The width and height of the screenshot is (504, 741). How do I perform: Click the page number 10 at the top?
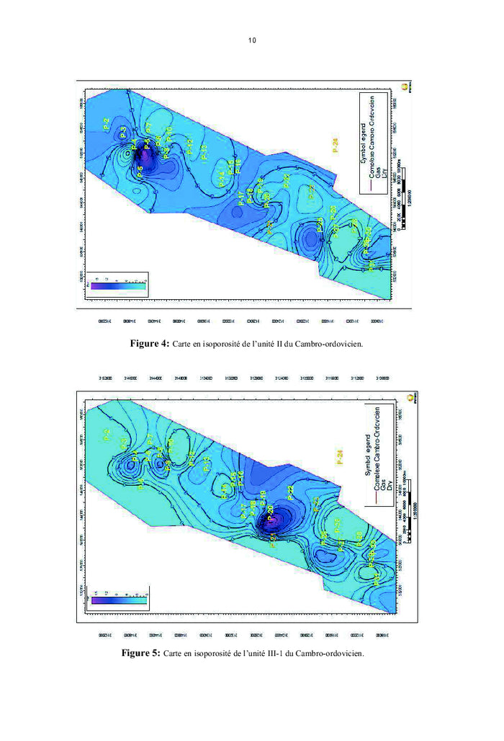tap(252, 40)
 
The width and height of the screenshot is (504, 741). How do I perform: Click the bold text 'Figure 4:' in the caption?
tap(150, 345)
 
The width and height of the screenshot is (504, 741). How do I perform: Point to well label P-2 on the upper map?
tap(107, 123)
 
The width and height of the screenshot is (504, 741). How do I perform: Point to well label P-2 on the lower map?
tap(107, 435)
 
